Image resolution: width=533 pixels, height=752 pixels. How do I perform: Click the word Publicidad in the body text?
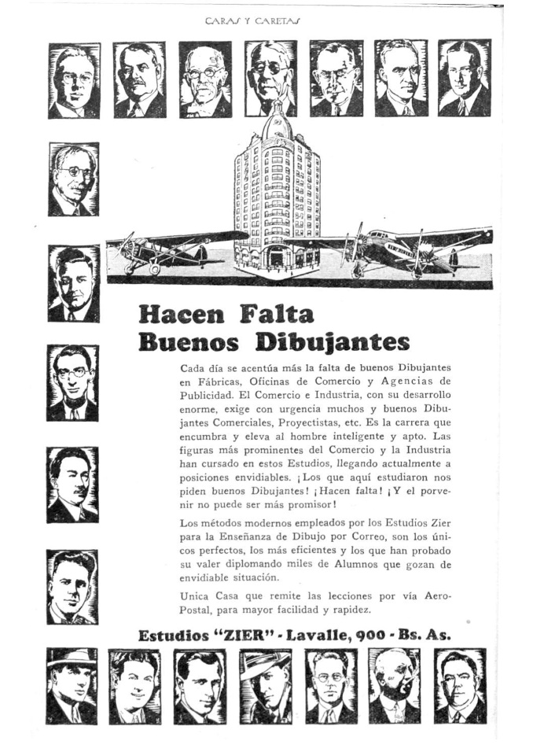click(210, 395)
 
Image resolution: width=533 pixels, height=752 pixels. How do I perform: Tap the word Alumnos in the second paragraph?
click(369, 565)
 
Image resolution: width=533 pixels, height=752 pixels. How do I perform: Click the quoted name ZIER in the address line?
click(258, 636)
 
